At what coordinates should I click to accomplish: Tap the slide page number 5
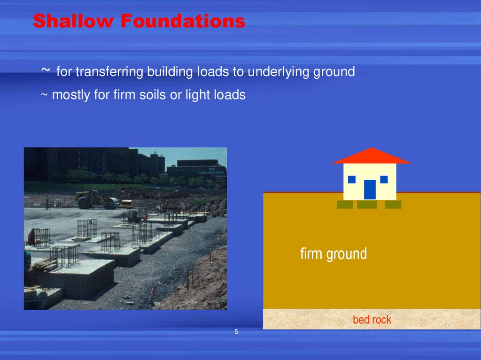[x=236, y=332]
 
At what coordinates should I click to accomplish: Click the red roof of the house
[x=371, y=156]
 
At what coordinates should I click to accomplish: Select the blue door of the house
[x=370, y=190]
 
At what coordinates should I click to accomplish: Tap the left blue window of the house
[x=351, y=179]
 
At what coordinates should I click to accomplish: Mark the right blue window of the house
[x=384, y=179]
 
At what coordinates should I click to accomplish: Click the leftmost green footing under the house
[x=345, y=205]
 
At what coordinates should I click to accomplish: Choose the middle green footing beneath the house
[x=367, y=205]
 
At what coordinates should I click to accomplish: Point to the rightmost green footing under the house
[x=393, y=205]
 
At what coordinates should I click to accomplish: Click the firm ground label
[x=334, y=254]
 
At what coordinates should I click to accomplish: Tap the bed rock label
[x=372, y=320]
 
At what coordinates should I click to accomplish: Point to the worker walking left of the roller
[x=47, y=201]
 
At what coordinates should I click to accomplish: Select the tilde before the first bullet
[x=46, y=70]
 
